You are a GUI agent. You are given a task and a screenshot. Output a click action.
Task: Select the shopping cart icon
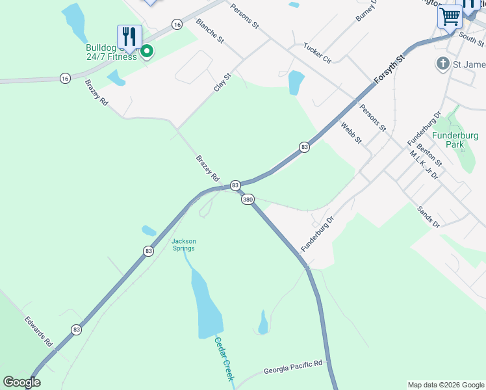450,16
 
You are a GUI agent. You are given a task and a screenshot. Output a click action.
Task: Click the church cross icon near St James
442,64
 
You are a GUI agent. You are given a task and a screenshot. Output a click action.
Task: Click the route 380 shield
248,200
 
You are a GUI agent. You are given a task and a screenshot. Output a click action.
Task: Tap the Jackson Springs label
183,244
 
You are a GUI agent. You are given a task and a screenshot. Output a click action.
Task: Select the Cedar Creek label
224,359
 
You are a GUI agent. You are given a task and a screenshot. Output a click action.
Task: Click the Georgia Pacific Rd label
293,368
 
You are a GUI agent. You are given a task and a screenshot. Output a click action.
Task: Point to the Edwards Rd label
38,331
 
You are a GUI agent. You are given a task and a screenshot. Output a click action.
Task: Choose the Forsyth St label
389,69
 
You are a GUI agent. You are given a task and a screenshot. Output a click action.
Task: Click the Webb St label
351,134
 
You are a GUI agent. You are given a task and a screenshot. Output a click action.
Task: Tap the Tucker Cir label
318,53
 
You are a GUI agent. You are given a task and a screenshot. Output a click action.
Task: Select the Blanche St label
209,31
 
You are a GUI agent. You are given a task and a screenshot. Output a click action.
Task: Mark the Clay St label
223,82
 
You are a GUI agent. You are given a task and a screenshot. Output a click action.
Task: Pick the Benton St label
429,154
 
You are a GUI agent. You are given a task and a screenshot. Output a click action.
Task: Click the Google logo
21,382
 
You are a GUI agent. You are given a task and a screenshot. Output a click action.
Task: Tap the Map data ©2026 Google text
445,385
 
